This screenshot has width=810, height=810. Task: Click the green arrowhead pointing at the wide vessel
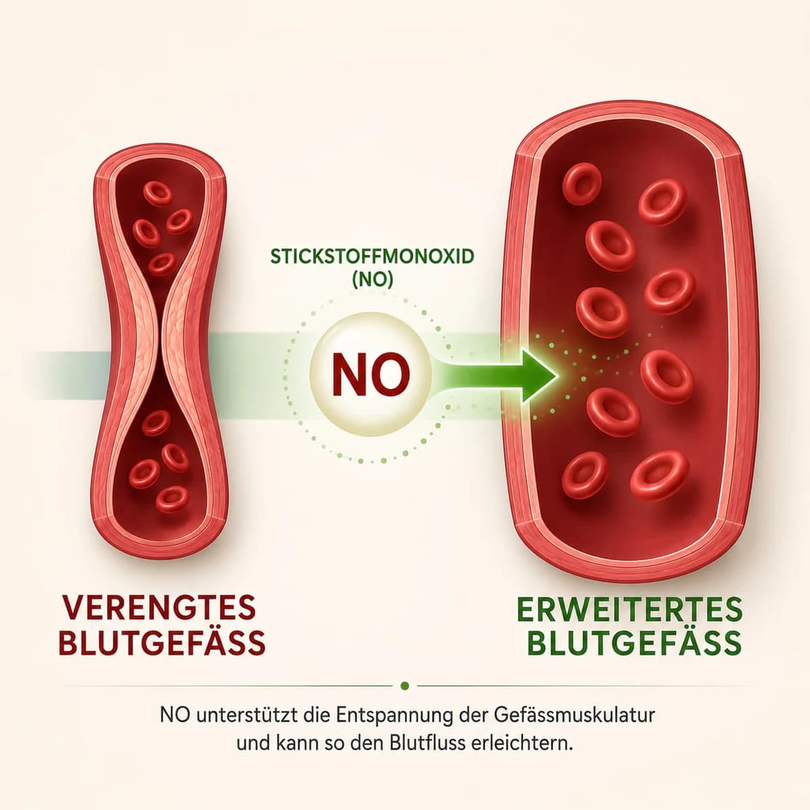(x=537, y=375)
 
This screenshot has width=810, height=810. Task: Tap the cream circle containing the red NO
(x=371, y=374)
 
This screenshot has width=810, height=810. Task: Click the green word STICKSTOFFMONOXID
(x=372, y=256)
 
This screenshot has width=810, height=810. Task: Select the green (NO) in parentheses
(x=373, y=280)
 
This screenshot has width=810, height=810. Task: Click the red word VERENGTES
(x=159, y=607)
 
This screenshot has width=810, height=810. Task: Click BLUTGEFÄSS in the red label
(x=162, y=643)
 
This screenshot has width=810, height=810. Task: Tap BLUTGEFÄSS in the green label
(x=634, y=643)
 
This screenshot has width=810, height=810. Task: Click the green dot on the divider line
(x=405, y=686)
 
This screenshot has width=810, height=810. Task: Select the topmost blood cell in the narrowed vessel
(x=158, y=193)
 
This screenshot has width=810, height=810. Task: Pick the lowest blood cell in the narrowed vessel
(x=172, y=500)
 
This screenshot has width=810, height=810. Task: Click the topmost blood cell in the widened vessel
(x=582, y=184)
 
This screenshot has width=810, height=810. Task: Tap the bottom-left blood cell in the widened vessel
(x=585, y=475)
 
